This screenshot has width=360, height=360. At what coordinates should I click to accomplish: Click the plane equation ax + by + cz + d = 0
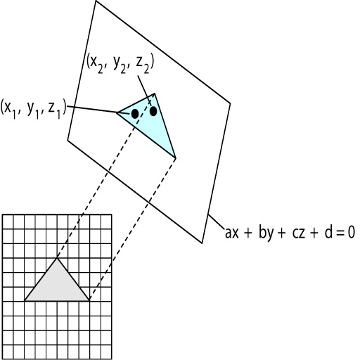[290, 233]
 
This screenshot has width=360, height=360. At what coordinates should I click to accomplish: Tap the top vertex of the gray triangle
[57, 258]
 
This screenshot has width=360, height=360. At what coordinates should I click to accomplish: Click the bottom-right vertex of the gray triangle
[89, 300]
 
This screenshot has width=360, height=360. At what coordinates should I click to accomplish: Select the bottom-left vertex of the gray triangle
[25, 300]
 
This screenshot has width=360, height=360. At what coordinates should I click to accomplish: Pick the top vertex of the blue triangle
[155, 94]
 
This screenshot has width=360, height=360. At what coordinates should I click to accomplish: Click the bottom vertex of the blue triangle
[176, 157]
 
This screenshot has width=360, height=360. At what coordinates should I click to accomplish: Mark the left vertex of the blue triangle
[117, 112]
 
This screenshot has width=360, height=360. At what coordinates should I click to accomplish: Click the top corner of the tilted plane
[96, 1]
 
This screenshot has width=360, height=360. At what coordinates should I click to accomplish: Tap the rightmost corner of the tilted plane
[230, 103]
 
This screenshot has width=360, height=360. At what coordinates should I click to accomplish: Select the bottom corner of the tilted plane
[202, 243]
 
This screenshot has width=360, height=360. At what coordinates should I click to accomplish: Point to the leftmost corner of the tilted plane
[67, 140]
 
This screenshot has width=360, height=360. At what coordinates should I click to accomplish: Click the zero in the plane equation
[351, 233]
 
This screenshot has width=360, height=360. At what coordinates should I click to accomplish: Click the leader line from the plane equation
[216, 221]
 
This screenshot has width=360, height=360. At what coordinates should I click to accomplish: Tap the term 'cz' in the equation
[299, 234]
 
